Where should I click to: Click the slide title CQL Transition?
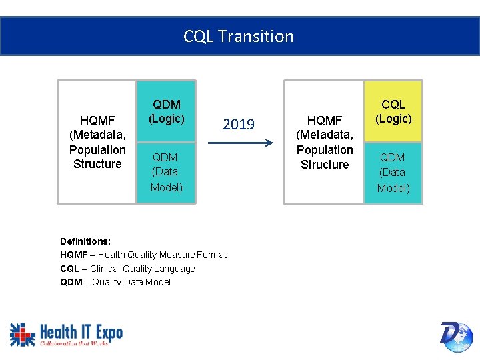(239, 36)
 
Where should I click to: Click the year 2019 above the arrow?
(239, 125)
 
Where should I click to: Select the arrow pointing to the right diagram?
(239, 142)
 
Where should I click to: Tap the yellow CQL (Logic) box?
(393, 111)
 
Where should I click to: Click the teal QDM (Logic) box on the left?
(166, 111)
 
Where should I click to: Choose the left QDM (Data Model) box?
(166, 172)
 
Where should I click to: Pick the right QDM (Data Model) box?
(393, 173)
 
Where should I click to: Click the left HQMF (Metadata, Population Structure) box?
(97, 142)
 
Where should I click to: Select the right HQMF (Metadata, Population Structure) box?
(325, 142)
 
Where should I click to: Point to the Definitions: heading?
(85, 241)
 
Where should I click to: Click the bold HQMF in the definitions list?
(73, 255)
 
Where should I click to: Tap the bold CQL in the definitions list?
(70, 269)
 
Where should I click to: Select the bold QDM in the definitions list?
(71, 282)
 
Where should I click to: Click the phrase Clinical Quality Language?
(143, 269)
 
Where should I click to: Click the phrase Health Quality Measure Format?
(162, 255)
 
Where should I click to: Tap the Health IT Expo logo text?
(81, 331)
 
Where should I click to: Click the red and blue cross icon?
(22, 334)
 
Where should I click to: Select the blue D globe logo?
(456, 336)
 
